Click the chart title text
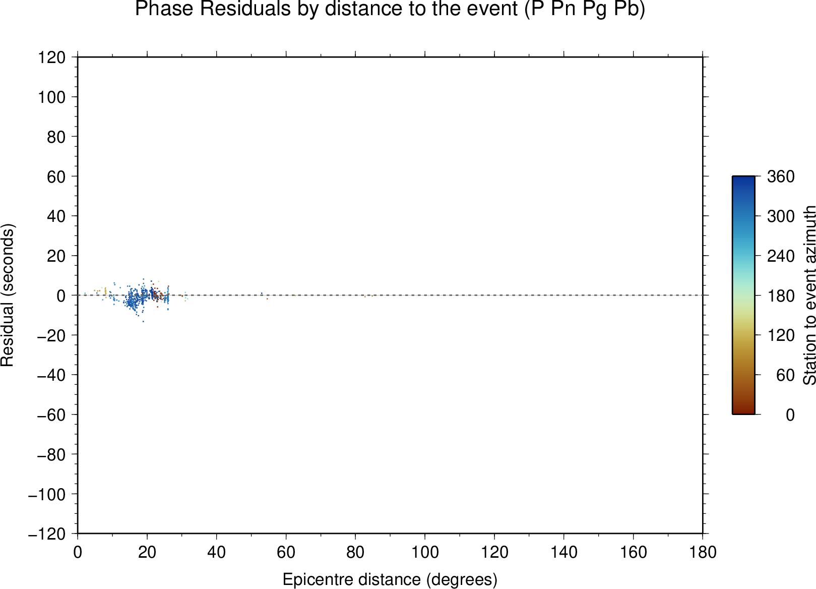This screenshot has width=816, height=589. (x=390, y=9)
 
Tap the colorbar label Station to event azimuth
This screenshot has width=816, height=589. (x=809, y=295)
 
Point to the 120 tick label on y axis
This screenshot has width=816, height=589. (x=52, y=57)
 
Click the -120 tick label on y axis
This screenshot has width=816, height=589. (x=47, y=534)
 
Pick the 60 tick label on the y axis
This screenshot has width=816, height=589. (x=56, y=176)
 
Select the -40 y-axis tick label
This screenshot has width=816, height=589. (x=51, y=375)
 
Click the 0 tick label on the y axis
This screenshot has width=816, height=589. (x=61, y=296)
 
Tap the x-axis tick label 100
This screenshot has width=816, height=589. (x=425, y=553)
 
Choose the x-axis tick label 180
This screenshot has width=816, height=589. (x=703, y=553)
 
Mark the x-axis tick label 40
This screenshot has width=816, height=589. (x=216, y=553)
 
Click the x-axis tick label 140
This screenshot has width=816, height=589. (x=563, y=553)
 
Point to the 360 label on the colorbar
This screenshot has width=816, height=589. (x=781, y=176)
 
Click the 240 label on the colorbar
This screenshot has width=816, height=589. (x=781, y=256)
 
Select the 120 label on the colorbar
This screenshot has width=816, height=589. (x=781, y=335)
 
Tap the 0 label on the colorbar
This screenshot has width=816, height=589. (x=790, y=415)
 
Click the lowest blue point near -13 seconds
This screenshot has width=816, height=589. (x=143, y=321)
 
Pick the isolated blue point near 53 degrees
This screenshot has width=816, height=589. (x=262, y=293)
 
